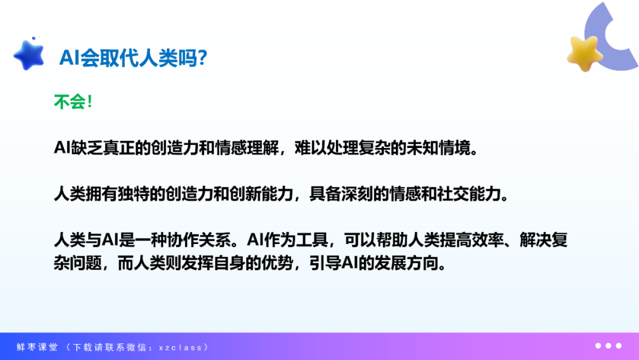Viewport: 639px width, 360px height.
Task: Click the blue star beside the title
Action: tap(29, 55)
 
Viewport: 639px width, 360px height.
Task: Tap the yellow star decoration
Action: tap(585, 53)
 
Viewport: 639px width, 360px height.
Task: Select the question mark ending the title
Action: tap(202, 57)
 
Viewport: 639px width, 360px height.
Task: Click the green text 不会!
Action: tap(73, 101)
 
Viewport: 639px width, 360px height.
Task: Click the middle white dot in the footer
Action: tap(608, 346)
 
